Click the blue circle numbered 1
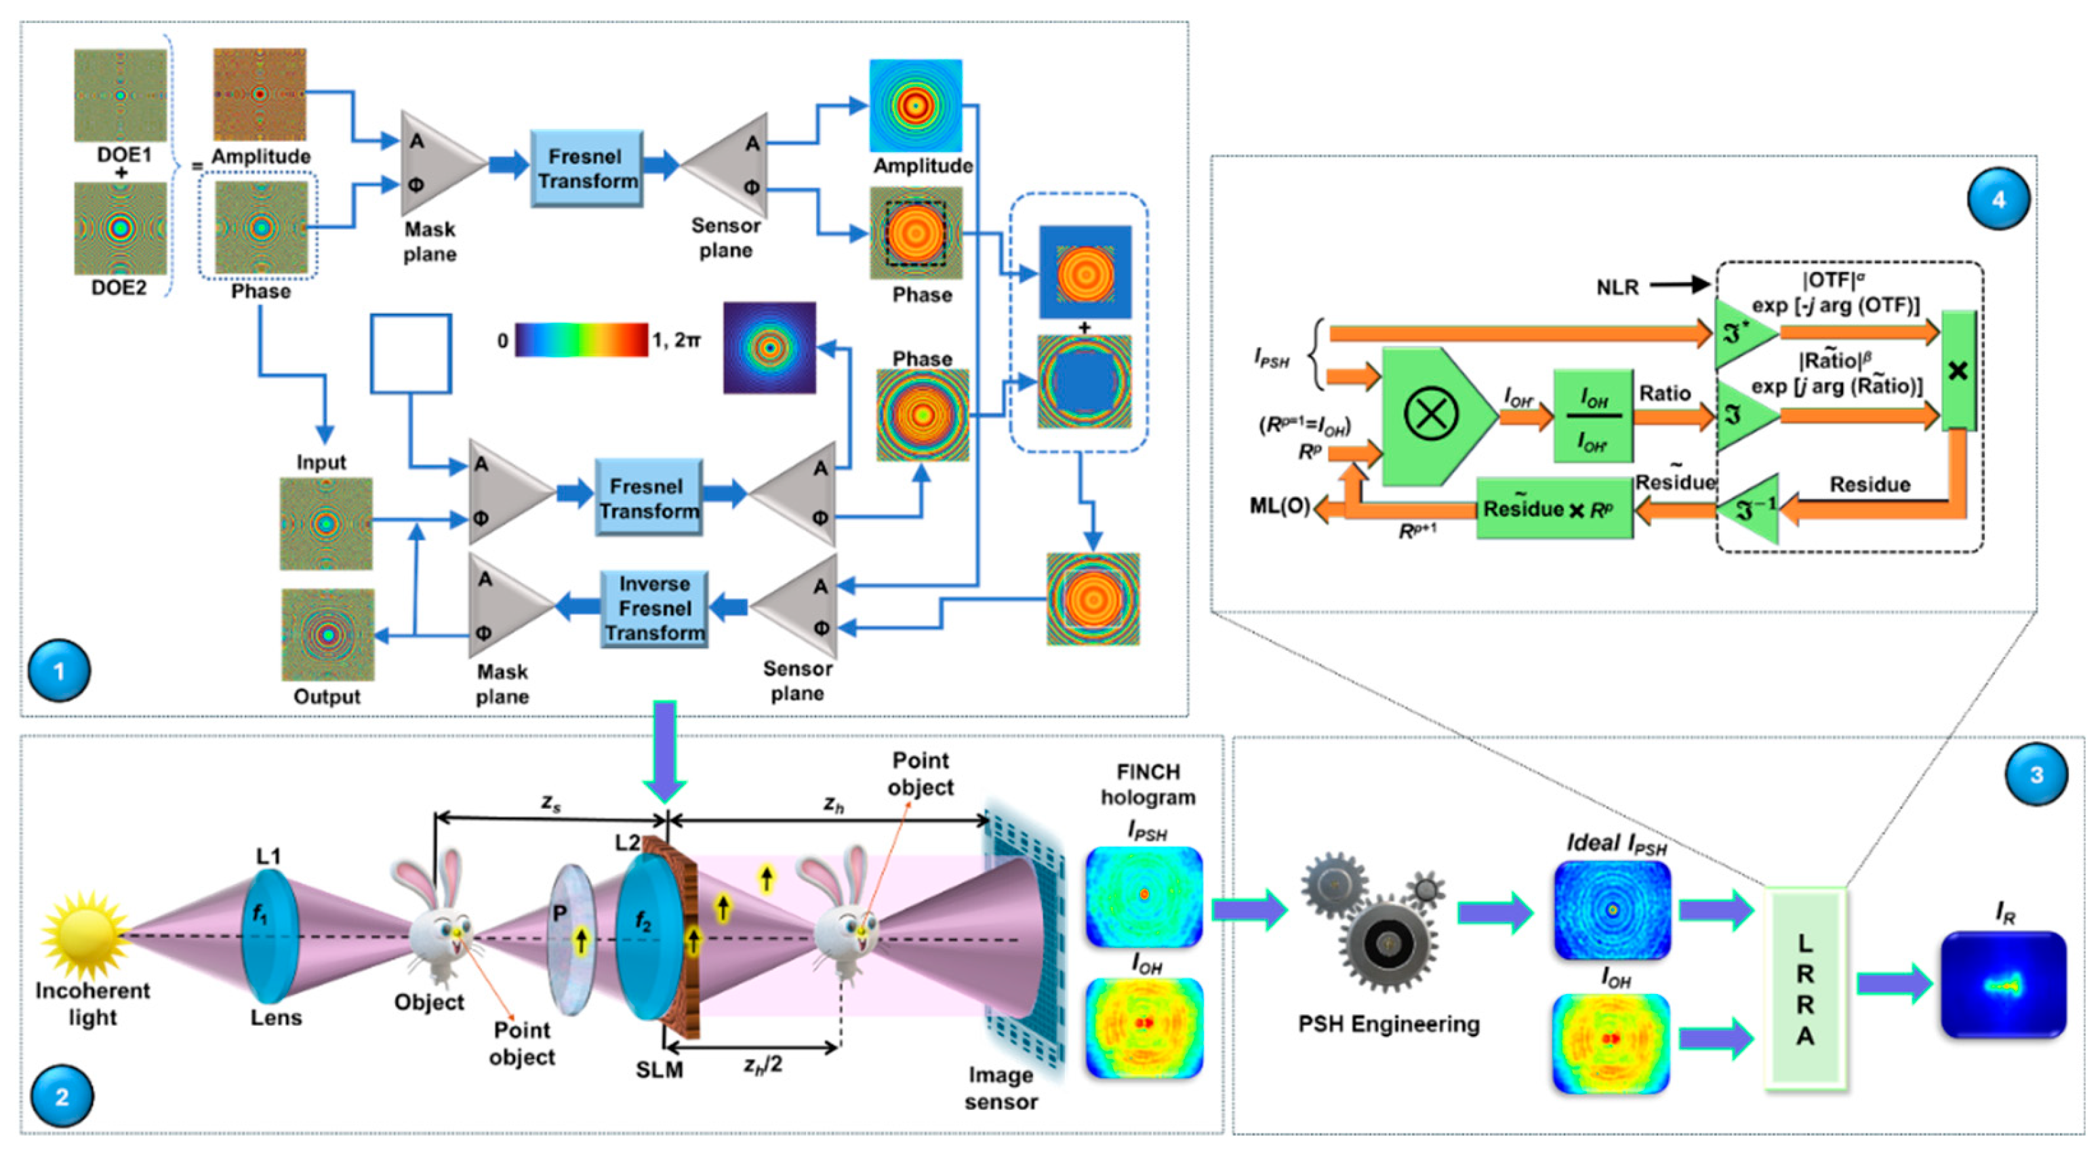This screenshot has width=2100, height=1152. [x=59, y=671]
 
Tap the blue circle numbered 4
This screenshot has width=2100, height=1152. [x=1998, y=199]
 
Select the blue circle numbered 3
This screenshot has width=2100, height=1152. [x=2036, y=774]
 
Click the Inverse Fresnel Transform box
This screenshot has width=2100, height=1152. [x=654, y=608]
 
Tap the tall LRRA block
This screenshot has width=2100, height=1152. [x=1805, y=989]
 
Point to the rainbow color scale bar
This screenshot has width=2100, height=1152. [x=581, y=339]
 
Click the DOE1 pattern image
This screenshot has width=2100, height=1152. [x=121, y=96]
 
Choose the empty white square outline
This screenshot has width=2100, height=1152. [x=411, y=354]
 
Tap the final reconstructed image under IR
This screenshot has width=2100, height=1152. [x=2003, y=985]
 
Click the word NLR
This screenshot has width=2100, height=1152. [x=1617, y=287]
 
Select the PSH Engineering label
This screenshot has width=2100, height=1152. [x=1388, y=1024]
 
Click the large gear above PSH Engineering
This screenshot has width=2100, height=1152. [x=1388, y=943]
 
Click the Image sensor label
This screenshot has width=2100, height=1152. [x=1001, y=1088]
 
